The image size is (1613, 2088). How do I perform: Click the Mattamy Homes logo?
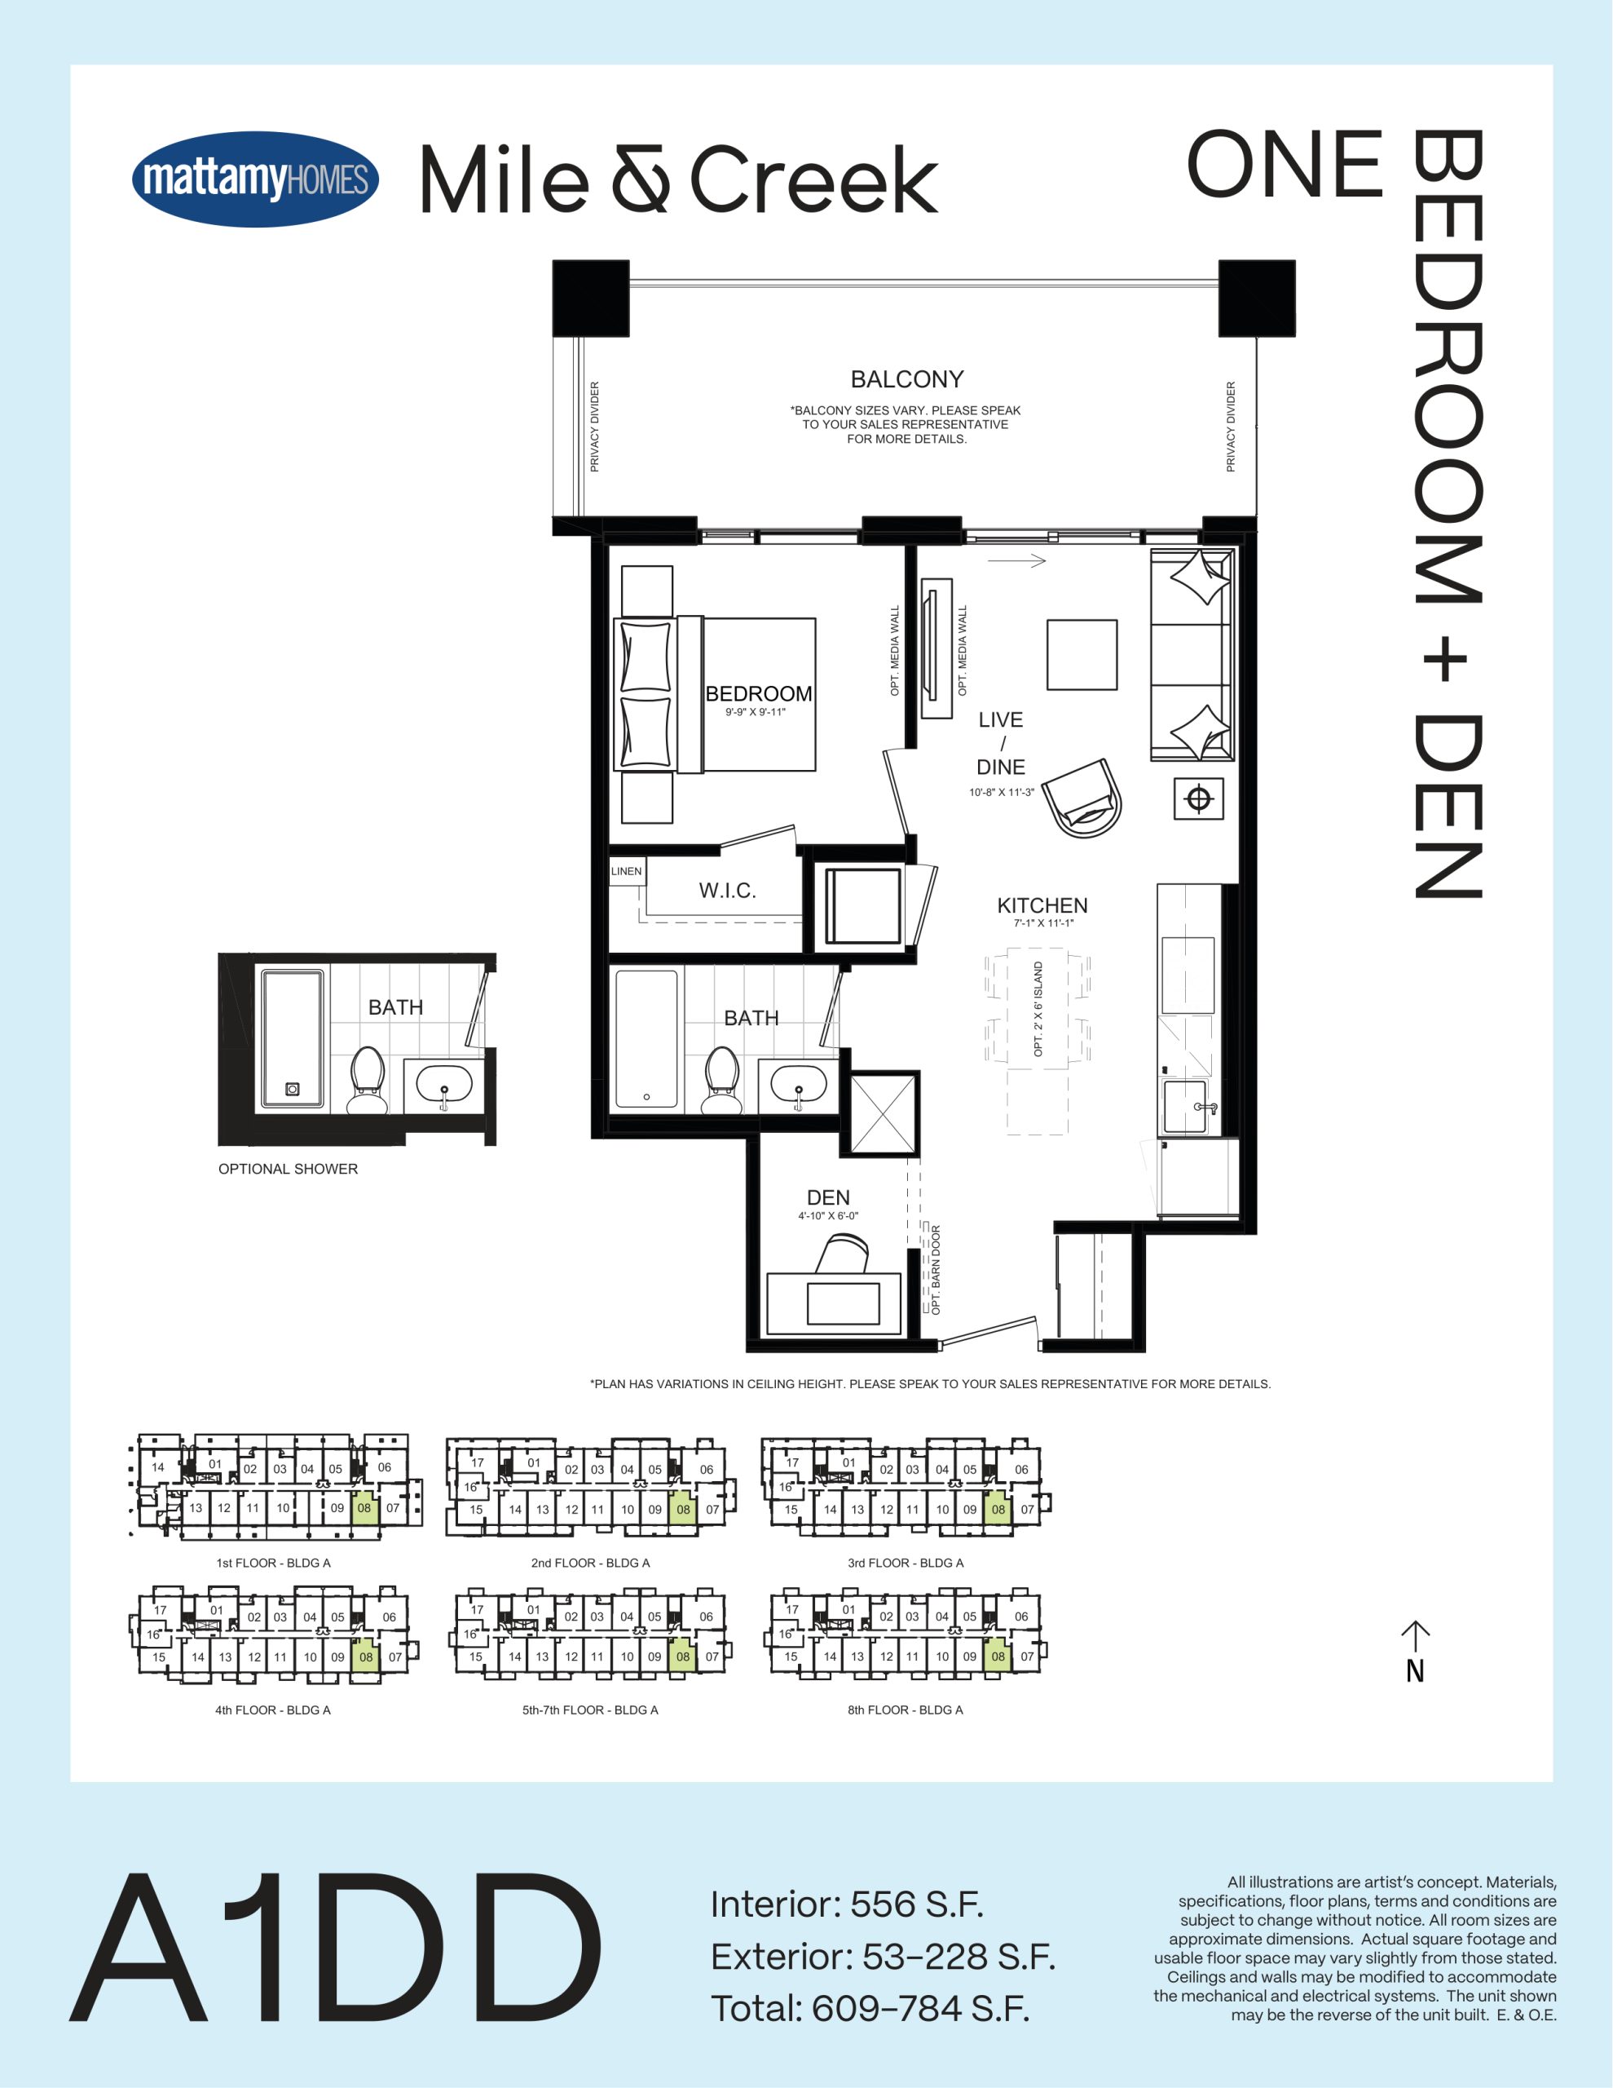pyautogui.click(x=255, y=179)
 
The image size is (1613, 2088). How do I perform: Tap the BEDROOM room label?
pyautogui.click(x=759, y=694)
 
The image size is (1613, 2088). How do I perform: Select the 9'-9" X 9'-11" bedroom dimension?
pyautogui.click(x=755, y=712)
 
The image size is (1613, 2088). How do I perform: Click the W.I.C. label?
pyautogui.click(x=727, y=891)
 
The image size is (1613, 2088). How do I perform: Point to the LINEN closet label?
pyautogui.click(x=626, y=871)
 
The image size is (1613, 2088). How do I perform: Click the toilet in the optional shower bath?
pyautogui.click(x=367, y=1081)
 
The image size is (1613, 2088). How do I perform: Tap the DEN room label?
pyautogui.click(x=827, y=1198)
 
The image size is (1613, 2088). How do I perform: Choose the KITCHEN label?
pyautogui.click(x=1042, y=905)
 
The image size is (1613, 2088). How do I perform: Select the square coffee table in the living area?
pyautogui.click(x=1082, y=655)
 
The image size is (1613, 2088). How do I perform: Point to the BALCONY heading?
pyautogui.click(x=907, y=379)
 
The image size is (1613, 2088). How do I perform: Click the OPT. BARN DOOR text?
pyautogui.click(x=936, y=1270)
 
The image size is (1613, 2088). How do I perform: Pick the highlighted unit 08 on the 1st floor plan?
pyautogui.click(x=364, y=1507)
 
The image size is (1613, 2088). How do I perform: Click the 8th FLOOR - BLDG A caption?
pyautogui.click(x=905, y=1710)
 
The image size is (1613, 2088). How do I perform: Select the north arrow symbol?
pyautogui.click(x=1415, y=1651)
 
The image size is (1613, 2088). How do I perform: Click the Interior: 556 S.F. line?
pyautogui.click(x=847, y=1904)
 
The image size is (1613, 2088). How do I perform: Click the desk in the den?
pyautogui.click(x=834, y=1302)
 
